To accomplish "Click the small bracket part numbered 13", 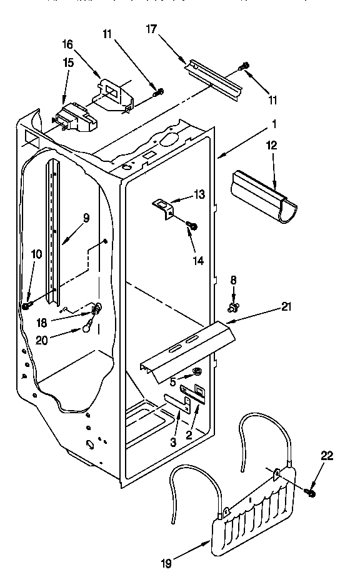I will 164,208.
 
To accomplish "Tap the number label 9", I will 86,218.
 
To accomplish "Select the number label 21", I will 286,306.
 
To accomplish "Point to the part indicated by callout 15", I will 72,118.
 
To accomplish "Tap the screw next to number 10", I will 28,304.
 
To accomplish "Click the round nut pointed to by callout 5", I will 198,373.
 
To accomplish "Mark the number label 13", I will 199,194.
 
